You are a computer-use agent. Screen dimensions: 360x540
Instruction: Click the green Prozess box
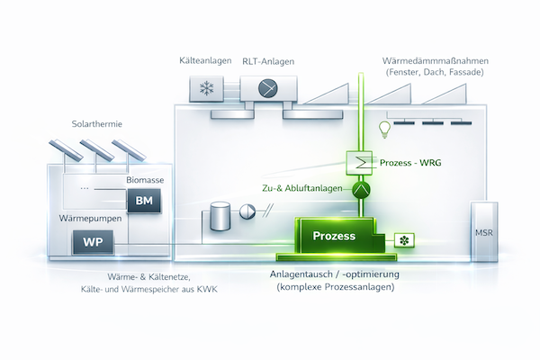tap(335, 236)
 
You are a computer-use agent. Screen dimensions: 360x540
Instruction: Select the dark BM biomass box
tap(143, 201)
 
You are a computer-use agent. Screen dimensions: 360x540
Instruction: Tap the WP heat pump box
tap(91, 242)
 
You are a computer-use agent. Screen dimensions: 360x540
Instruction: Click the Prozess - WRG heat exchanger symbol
tap(360, 163)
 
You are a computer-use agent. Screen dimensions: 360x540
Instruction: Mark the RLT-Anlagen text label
tap(269, 59)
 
